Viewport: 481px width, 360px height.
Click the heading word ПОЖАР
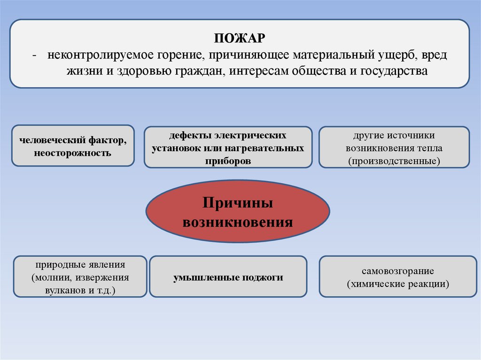pos(240,38)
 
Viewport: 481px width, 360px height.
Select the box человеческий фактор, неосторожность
pos(73,146)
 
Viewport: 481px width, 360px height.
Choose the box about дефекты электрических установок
pos(228,147)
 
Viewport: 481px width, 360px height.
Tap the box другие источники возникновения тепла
pos(394,147)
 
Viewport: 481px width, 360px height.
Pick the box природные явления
pos(80,276)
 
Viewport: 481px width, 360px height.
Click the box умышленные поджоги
pos(228,276)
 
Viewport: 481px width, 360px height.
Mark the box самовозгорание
pos(397,276)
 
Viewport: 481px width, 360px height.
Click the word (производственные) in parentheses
pos(394,161)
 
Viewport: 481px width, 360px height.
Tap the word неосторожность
pos(72,153)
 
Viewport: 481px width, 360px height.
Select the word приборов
pos(228,160)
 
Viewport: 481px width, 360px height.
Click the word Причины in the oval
pos(238,204)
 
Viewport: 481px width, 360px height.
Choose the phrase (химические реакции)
pos(398,283)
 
